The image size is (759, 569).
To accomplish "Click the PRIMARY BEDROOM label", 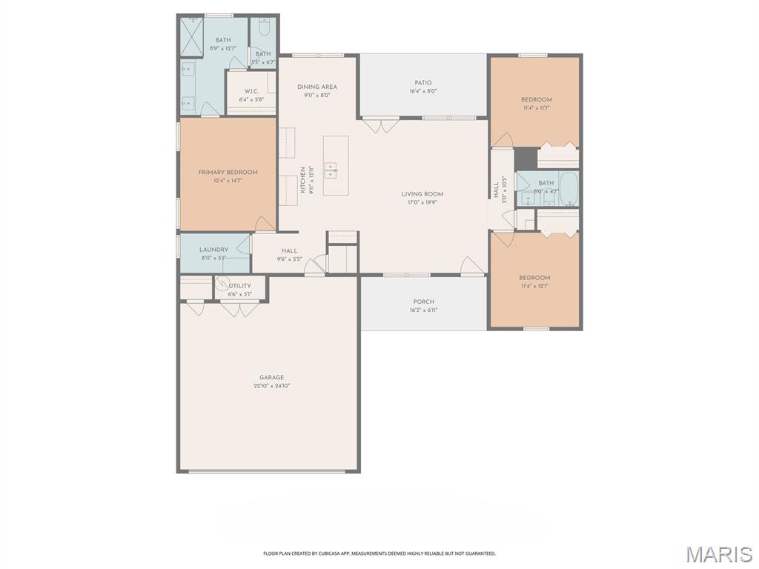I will pos(228,173).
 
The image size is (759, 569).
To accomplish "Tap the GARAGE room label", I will pos(271,377).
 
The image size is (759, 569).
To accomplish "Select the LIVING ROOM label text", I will pos(422,194).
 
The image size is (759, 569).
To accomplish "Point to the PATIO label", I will pos(422,83).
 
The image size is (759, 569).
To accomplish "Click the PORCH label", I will pos(423,302).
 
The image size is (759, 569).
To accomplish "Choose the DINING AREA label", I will pos(317,87).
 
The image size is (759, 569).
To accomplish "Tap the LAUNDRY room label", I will pos(214,250).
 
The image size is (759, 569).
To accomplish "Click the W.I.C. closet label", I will pos(251,91).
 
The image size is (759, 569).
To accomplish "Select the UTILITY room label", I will pos(240,285).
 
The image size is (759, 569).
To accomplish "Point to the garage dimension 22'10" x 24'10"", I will pos(271,386).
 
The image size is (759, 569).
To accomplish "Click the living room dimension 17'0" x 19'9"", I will pos(422,202).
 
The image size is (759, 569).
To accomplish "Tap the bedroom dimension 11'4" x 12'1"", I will pos(535,286).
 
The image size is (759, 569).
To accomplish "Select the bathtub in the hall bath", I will pos(569,189).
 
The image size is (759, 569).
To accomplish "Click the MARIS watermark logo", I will pos(719,554).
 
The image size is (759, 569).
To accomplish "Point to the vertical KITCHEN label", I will pos(302,180).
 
